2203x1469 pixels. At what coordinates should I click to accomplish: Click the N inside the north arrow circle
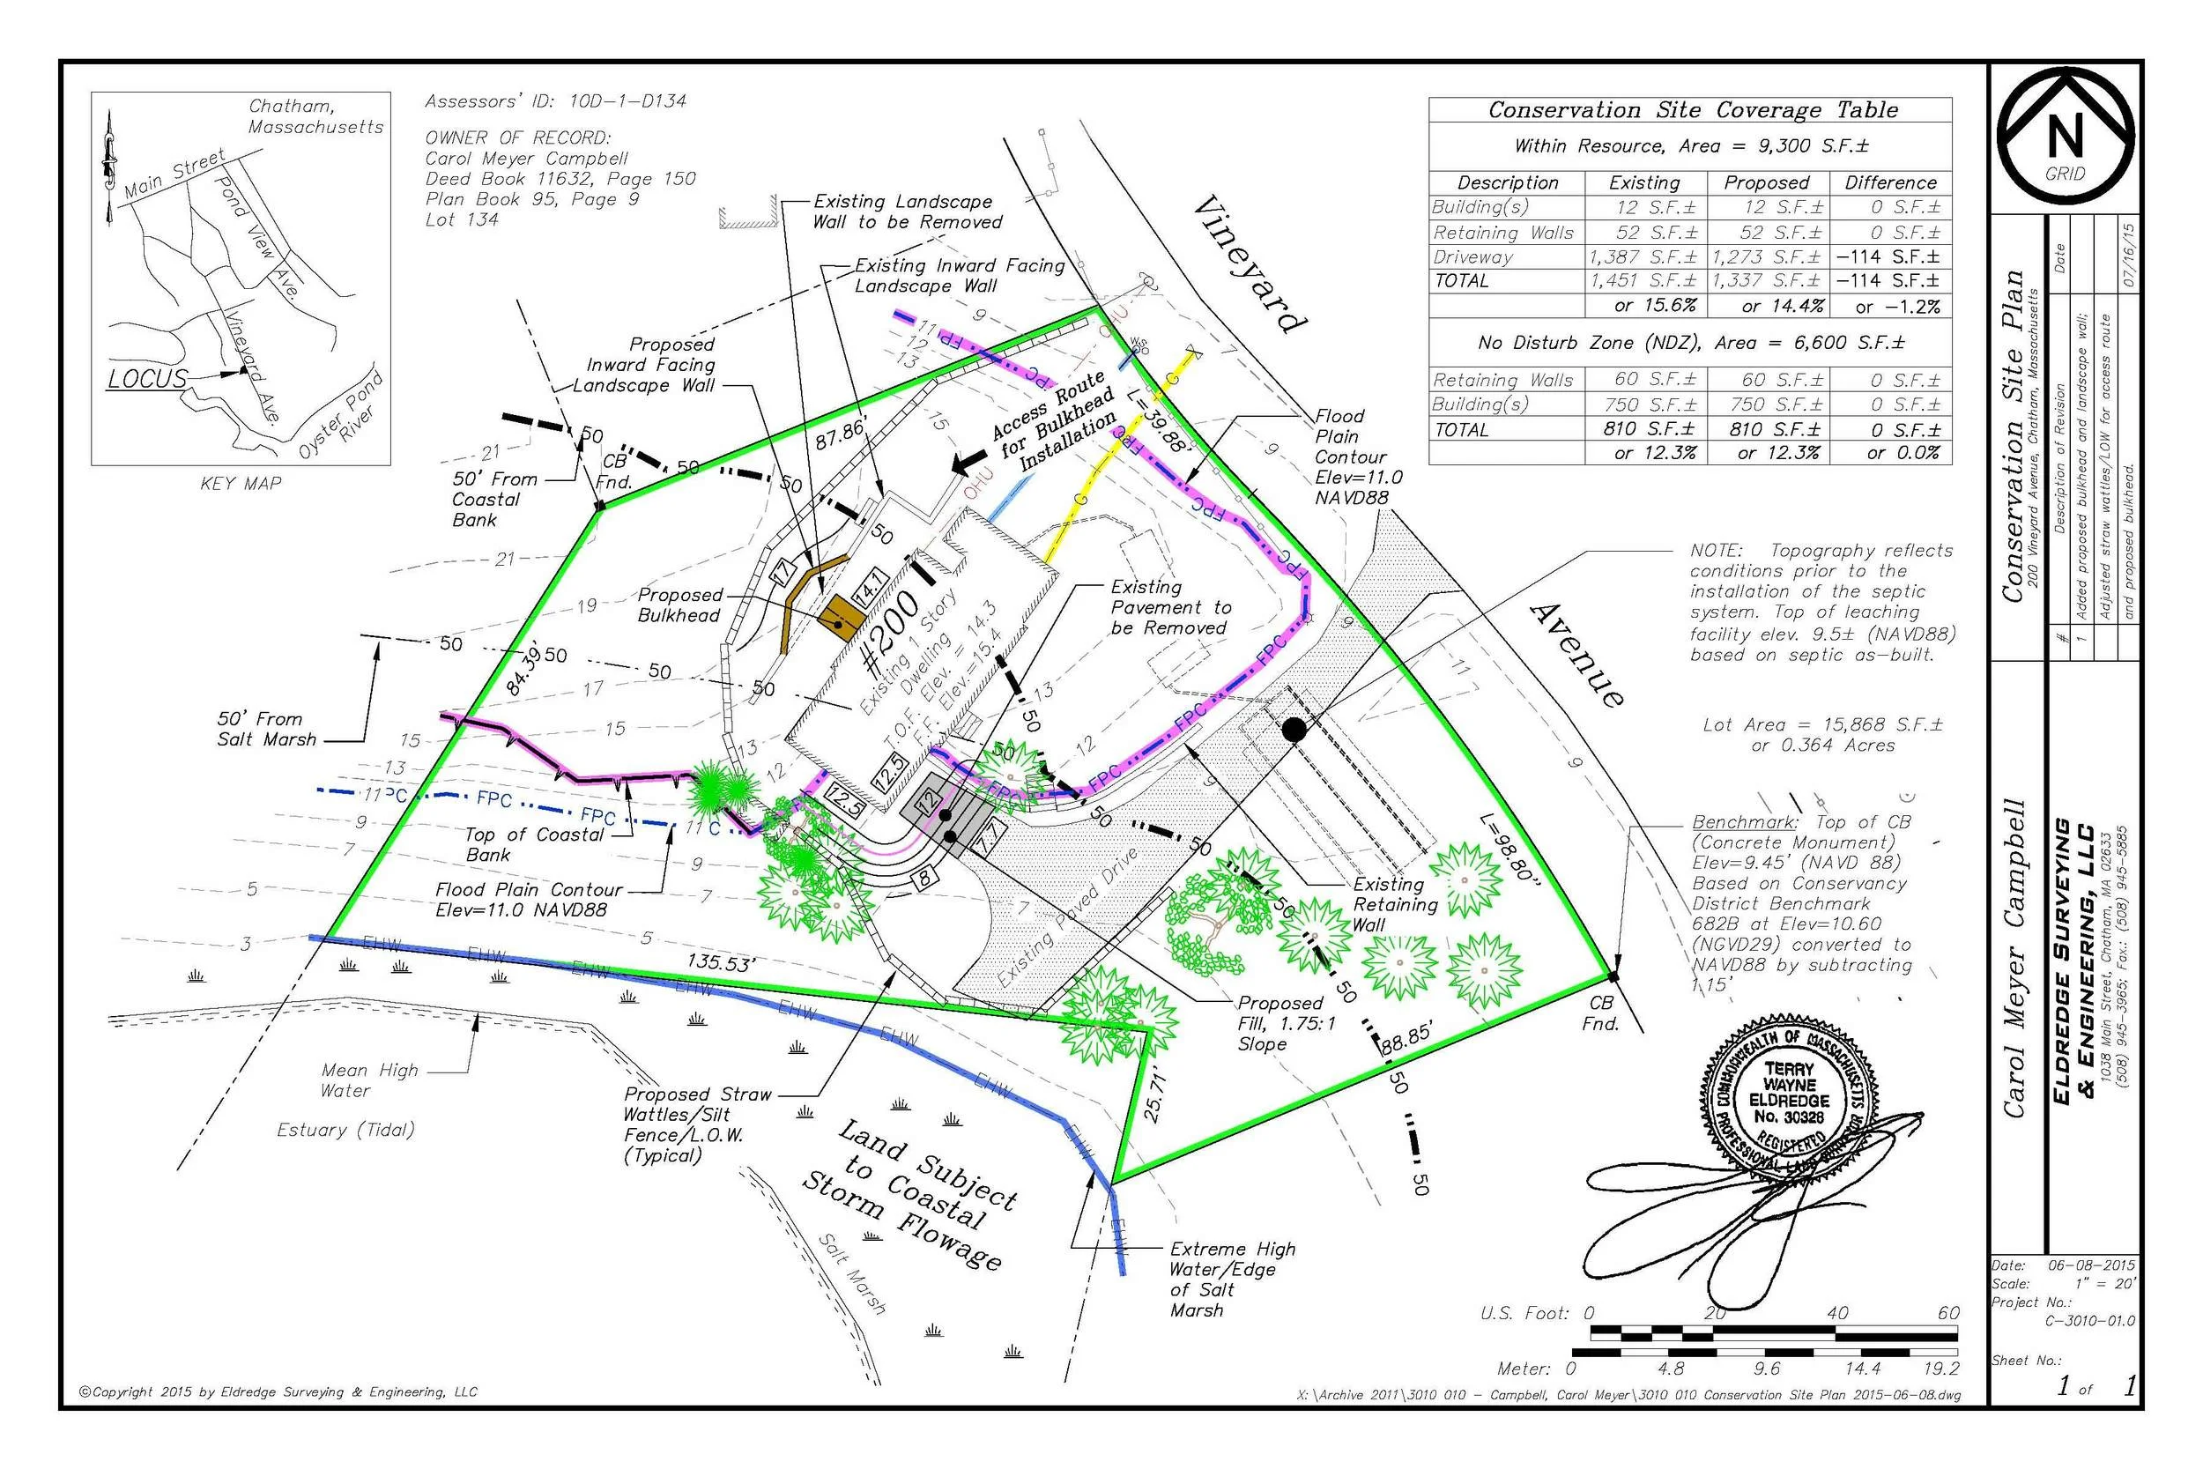(2065, 137)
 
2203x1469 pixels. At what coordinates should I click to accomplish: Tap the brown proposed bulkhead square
(840, 617)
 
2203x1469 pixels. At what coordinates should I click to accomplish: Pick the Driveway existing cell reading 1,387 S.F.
(1642, 256)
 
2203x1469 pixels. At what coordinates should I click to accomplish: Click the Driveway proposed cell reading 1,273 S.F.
(1767, 256)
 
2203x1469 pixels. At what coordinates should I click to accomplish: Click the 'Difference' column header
(1890, 182)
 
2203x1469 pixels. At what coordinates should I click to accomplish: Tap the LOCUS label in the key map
(147, 380)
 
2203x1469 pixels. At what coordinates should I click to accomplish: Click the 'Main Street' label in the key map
(174, 174)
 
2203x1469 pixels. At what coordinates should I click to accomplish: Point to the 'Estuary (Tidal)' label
(345, 1130)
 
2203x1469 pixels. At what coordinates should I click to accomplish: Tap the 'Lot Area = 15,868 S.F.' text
(1821, 725)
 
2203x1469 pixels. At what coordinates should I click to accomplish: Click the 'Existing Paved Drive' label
(1067, 918)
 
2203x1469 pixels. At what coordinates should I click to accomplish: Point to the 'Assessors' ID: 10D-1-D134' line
(555, 101)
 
